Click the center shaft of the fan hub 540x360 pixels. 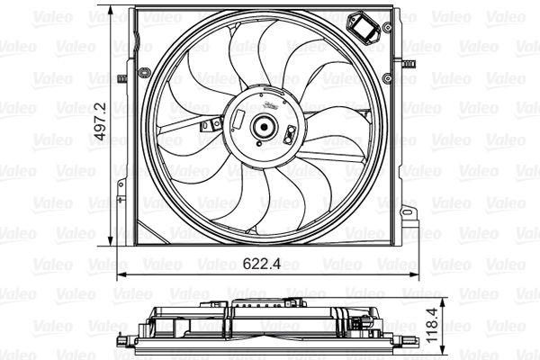(x=265, y=128)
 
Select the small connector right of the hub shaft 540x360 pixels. (x=290, y=136)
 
